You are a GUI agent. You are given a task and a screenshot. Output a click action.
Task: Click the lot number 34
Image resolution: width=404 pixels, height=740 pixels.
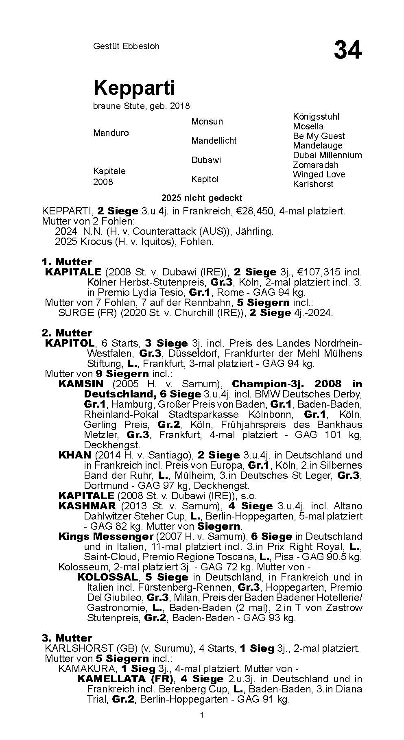[347, 50]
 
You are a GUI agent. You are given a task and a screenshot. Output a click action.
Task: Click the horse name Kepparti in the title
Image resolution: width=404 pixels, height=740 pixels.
[134, 88]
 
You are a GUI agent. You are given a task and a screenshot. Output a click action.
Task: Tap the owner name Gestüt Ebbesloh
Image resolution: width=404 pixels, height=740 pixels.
[126, 46]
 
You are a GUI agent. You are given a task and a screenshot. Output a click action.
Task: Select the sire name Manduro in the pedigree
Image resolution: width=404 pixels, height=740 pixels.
[111, 133]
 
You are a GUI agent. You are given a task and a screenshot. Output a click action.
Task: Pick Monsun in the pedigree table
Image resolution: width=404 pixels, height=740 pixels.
[207, 122]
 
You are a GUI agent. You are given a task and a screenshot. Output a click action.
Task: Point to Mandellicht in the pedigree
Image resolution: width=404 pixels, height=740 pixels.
[214, 141]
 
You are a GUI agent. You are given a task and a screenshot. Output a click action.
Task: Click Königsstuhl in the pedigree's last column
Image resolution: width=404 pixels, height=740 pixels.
[316, 117]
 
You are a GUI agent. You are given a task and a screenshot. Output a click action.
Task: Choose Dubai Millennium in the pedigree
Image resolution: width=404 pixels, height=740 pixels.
[327, 155]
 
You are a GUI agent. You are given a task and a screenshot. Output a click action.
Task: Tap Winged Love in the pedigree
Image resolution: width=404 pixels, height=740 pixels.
[319, 175]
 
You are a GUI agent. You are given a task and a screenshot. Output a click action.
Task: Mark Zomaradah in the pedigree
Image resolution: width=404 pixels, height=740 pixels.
[315, 165]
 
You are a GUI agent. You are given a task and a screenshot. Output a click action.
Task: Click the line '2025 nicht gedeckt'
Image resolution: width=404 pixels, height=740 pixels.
[202, 198]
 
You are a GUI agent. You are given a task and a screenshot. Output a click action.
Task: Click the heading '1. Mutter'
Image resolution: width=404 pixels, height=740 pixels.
[67, 262]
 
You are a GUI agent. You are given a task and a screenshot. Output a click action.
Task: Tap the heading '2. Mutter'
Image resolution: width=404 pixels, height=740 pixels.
[67, 333]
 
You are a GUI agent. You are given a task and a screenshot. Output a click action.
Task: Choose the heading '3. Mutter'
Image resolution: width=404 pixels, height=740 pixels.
[67, 638]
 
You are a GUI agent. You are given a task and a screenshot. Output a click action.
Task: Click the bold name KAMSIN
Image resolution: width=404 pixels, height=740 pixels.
[81, 384]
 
